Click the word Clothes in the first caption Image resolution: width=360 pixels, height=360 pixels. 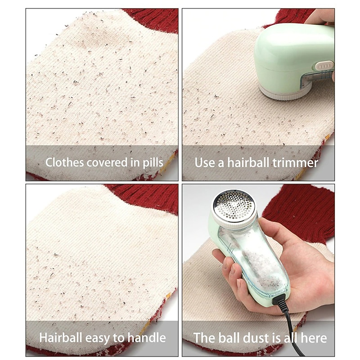tap(64, 162)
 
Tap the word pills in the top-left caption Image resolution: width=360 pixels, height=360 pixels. tap(153, 163)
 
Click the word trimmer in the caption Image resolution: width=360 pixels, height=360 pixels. tap(295, 163)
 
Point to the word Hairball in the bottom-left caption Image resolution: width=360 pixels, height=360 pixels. tap(61, 338)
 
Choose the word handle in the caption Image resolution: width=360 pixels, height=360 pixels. tap(147, 338)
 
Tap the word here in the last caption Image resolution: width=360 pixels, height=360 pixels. tap(314, 338)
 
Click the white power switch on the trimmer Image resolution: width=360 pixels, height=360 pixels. tap(324, 66)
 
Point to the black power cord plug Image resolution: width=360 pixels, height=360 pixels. tap(279, 300)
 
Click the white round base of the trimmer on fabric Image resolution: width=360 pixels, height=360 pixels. tap(285, 91)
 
